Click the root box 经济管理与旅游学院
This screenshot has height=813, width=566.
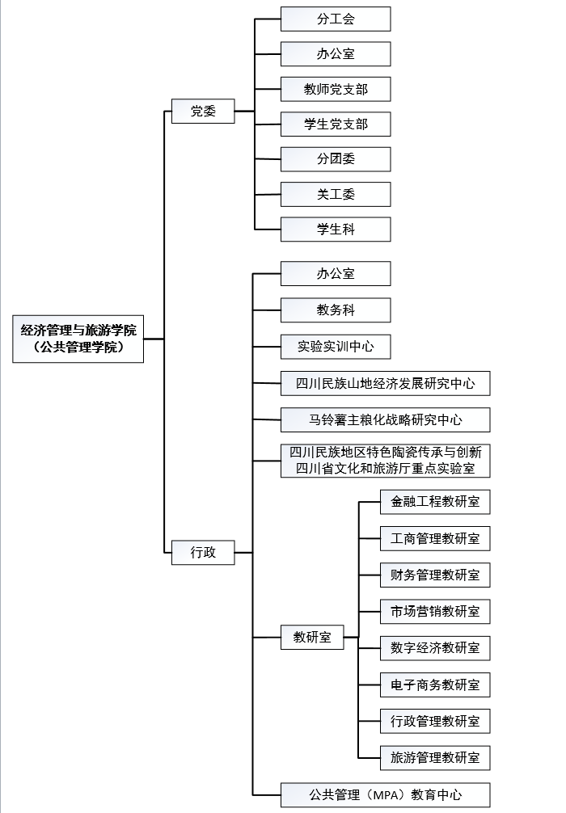pyautogui.click(x=78, y=339)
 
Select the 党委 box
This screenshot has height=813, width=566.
pyautogui.click(x=203, y=111)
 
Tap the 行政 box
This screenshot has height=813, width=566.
pyautogui.click(x=203, y=552)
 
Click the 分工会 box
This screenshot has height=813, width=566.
pyautogui.click(x=336, y=19)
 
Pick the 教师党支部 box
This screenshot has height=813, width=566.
pyautogui.click(x=336, y=89)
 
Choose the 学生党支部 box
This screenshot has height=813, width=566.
pyautogui.click(x=336, y=124)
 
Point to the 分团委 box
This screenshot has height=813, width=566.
pyautogui.click(x=336, y=159)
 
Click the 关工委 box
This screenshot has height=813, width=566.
pyautogui.click(x=336, y=195)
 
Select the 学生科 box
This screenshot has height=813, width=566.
pyautogui.click(x=336, y=230)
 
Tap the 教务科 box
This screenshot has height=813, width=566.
pyautogui.click(x=336, y=310)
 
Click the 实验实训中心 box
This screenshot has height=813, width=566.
pyautogui.click(x=336, y=347)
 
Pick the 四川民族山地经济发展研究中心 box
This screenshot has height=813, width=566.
pyautogui.click(x=386, y=383)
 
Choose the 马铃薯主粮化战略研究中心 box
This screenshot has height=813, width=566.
pyautogui.click(x=386, y=419)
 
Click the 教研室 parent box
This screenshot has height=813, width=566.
pyautogui.click(x=312, y=637)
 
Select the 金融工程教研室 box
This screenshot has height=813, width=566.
pyautogui.click(x=435, y=501)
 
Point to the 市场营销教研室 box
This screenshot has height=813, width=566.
pyautogui.click(x=435, y=611)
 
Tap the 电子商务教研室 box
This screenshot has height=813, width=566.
pyautogui.click(x=435, y=685)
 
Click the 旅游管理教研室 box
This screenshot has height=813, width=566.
pyautogui.click(x=435, y=757)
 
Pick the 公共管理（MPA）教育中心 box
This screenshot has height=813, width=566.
pyautogui.click(x=386, y=795)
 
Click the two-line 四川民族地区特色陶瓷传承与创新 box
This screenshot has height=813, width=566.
pyautogui.click(x=386, y=461)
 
